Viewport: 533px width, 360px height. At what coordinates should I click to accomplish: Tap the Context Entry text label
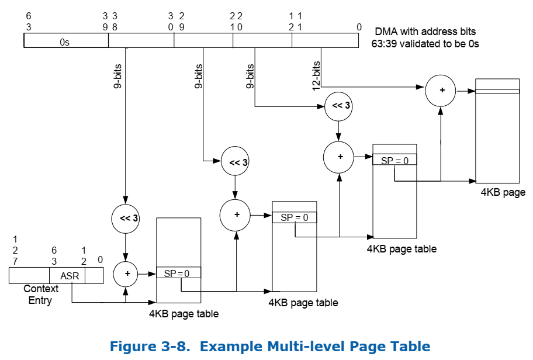click(41, 295)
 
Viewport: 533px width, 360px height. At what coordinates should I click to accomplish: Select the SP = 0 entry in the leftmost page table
click(178, 273)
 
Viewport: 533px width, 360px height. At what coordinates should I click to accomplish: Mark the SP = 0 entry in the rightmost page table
click(394, 160)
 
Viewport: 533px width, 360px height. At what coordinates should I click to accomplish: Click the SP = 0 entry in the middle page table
click(295, 217)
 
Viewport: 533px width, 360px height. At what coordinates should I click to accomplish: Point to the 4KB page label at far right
click(503, 192)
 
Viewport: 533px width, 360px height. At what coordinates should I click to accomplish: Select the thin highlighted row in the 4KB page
click(497, 91)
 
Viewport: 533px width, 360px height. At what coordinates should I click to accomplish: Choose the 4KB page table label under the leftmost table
click(184, 314)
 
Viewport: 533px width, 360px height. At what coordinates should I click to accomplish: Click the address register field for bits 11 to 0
click(325, 40)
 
